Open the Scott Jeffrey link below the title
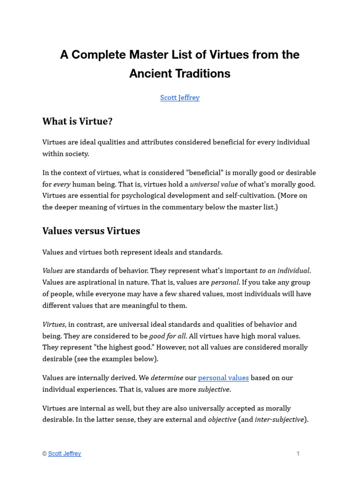pos(180,97)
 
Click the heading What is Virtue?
pos(77,121)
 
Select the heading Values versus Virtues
pos(91,231)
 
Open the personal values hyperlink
pos(223,378)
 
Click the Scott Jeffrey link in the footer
pos(64,454)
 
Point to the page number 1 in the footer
pos(298,454)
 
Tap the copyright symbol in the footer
pos(45,454)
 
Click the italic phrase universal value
pos(214,184)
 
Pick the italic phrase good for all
pos(167,336)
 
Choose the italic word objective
pos(222,420)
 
